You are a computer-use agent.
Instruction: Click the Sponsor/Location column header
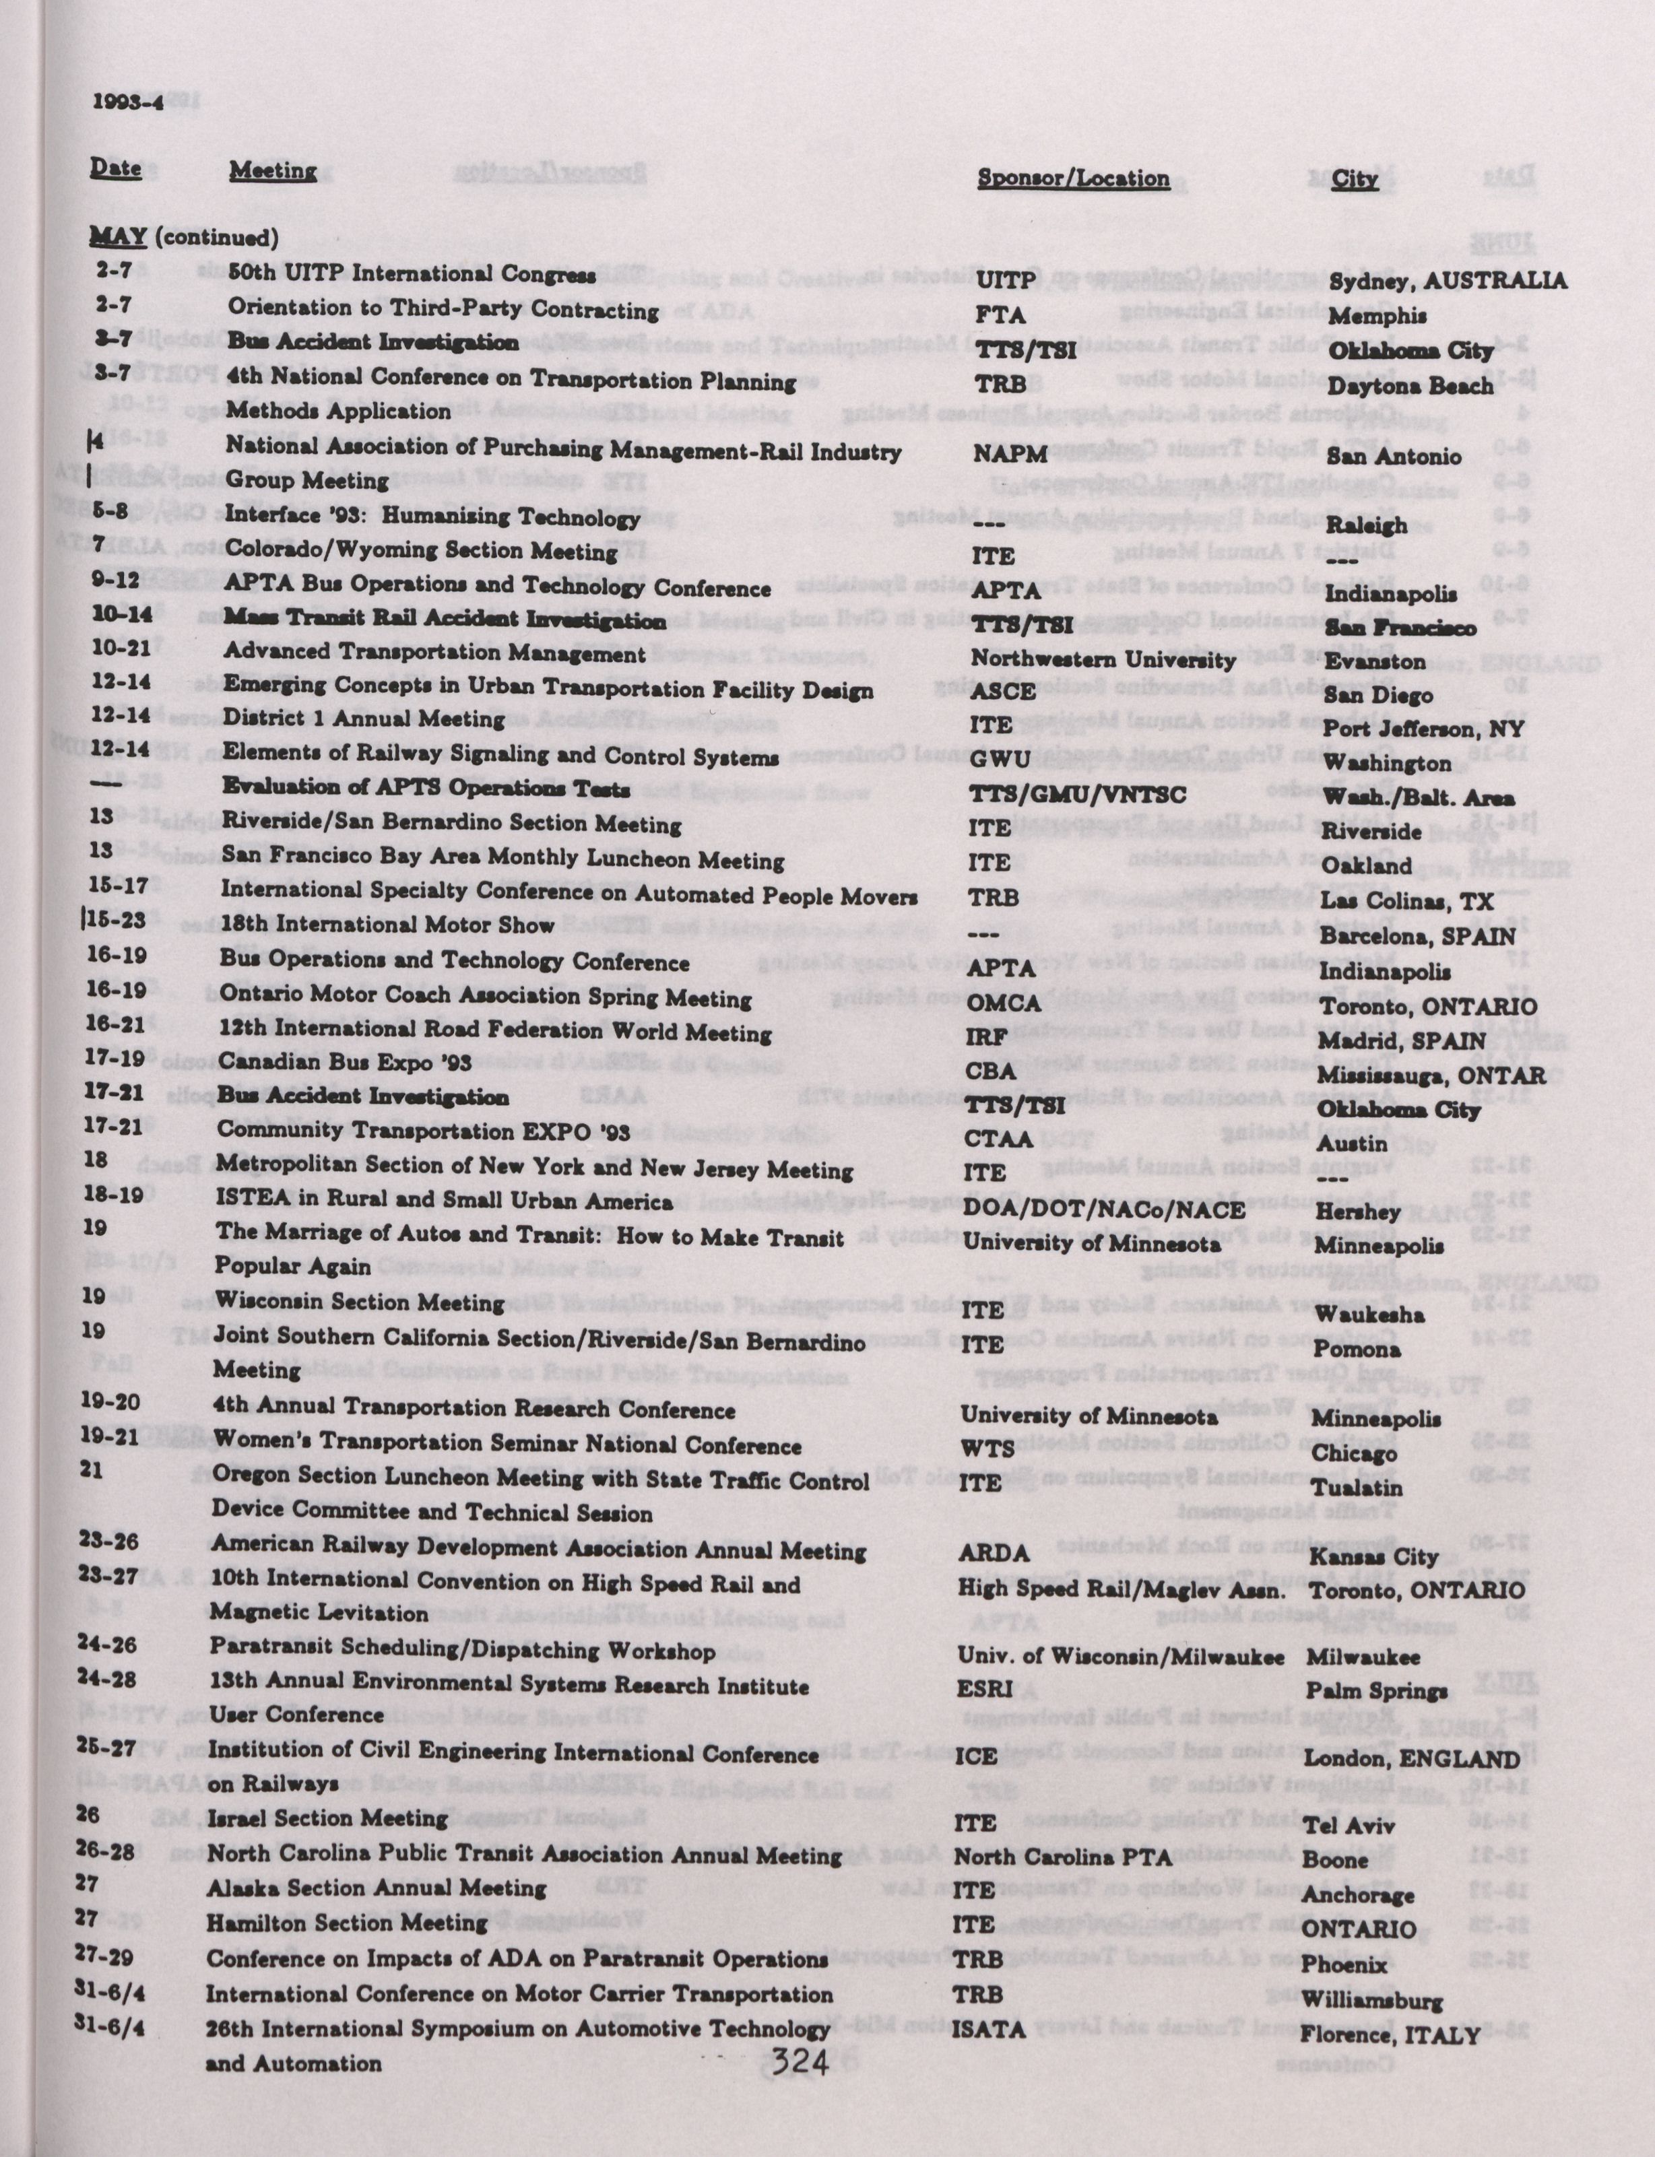[1073, 178]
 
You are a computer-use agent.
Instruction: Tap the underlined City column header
[1355, 178]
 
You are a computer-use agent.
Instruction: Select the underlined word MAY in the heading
[119, 236]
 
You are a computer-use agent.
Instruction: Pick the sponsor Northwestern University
[1103, 659]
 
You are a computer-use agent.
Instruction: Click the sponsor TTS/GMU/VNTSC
[1078, 794]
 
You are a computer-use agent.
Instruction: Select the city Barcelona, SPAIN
[1417, 935]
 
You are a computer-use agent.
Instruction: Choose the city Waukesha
[1367, 1314]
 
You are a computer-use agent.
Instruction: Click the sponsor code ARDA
[994, 1553]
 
